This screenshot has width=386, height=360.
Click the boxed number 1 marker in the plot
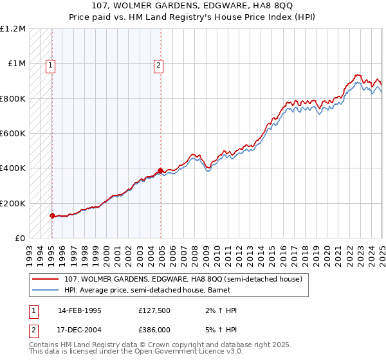pyautogui.click(x=51, y=64)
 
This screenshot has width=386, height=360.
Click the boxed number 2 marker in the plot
pyautogui.click(x=158, y=64)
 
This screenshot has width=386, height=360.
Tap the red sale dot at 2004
pyautogui.click(x=160, y=171)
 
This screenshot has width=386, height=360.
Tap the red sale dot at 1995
pyautogui.click(x=52, y=216)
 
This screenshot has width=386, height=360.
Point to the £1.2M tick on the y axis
pyautogui.click(x=13, y=29)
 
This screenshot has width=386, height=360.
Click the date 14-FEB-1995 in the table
pyautogui.click(x=80, y=310)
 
